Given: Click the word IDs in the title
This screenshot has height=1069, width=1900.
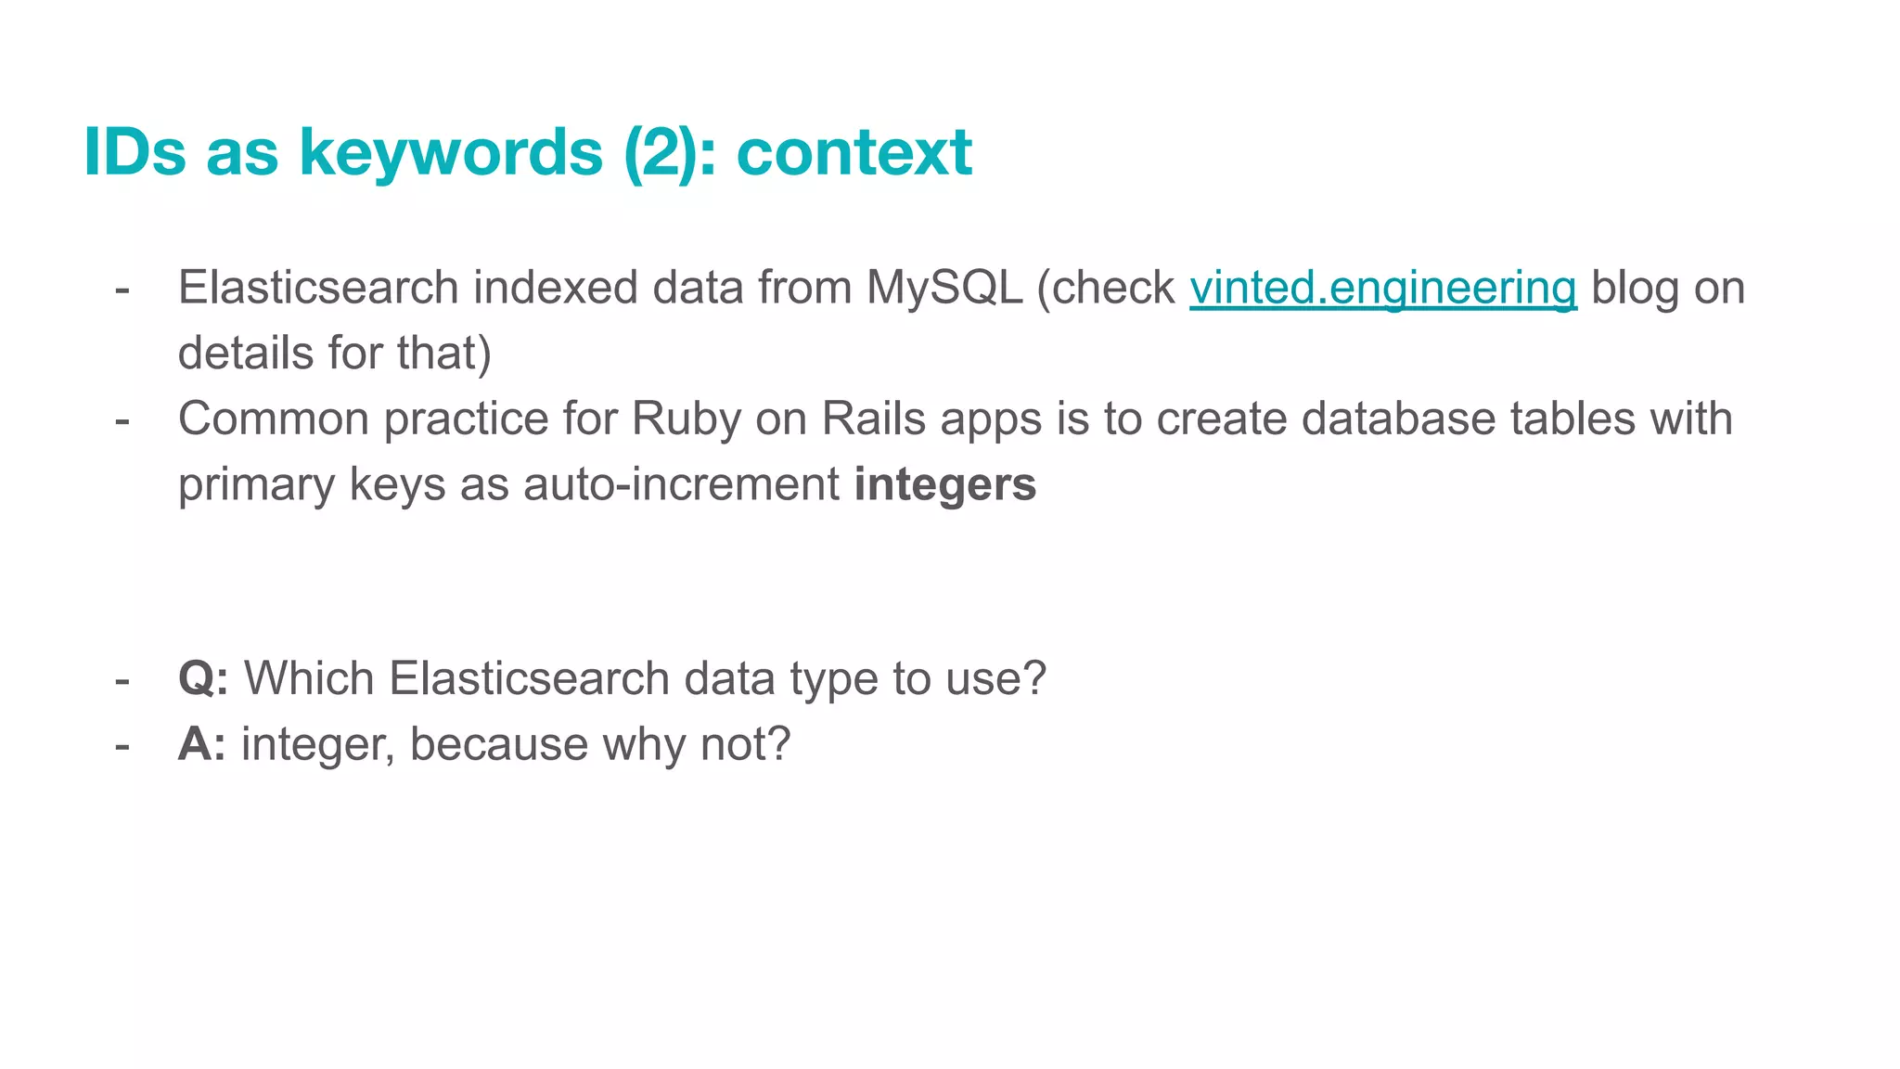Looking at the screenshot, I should pos(135,151).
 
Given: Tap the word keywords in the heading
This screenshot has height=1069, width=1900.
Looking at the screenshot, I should pos(451,151).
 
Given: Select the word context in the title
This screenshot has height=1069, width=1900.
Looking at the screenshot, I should pos(854,151).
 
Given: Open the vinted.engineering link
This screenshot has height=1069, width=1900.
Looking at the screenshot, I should pos(1382,288).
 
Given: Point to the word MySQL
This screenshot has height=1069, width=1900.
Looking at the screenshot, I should pos(944,288).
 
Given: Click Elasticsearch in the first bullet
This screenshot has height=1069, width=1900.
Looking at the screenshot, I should pos(318,288).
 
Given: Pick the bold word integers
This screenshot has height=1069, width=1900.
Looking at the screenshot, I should pos(944,484).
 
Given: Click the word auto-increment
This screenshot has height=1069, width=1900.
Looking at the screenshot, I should pos(681,484).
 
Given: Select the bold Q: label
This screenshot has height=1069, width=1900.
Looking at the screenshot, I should pos(203,678).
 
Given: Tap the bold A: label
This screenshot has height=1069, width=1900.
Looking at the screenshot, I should pos(201,744).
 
